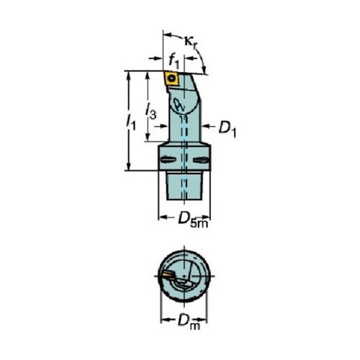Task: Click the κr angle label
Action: tap(192, 42)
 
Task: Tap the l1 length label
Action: tap(131, 122)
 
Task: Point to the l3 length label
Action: tap(151, 111)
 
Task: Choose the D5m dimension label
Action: tap(193, 220)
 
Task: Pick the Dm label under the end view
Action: tap(189, 322)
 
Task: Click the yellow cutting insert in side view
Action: tap(171, 78)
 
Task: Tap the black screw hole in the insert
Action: tap(171, 78)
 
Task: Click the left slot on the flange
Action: tap(168, 160)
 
